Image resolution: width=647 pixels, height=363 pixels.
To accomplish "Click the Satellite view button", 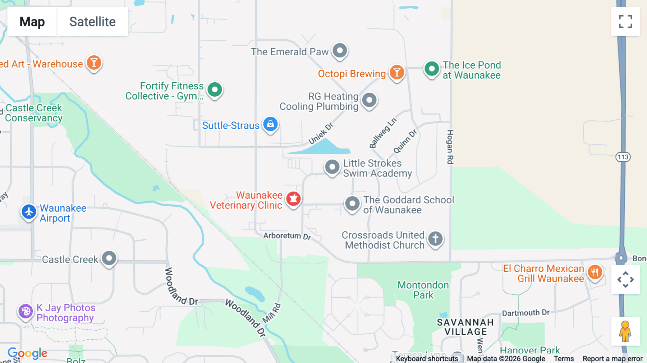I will (x=92, y=22).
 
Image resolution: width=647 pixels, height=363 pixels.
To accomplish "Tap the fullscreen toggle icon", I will (x=625, y=22).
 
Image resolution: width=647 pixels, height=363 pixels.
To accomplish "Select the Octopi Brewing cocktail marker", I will (x=397, y=73).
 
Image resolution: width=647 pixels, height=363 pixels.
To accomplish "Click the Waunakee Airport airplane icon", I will (x=29, y=212).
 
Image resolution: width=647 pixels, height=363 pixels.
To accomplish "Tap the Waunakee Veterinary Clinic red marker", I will (x=293, y=199).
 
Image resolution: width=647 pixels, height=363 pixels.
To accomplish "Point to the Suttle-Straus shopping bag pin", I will (x=270, y=124).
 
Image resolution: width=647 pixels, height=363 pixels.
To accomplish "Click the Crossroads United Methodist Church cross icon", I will (x=435, y=239).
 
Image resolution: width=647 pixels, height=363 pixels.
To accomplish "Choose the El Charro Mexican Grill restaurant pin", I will (x=595, y=272).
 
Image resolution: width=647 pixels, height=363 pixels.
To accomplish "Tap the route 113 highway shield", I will (x=623, y=157).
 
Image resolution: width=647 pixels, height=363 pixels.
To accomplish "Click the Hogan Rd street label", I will (x=450, y=147).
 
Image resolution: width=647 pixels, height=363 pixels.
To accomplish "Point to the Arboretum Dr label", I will (x=287, y=236).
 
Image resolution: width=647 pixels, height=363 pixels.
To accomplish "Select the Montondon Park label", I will (x=423, y=290).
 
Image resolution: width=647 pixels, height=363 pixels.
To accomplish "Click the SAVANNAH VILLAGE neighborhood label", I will (x=465, y=327).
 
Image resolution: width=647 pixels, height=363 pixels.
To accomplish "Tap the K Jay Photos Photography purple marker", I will (x=26, y=311).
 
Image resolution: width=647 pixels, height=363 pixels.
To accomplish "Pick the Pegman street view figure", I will (x=625, y=331).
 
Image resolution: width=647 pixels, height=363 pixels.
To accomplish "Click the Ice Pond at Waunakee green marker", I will (x=431, y=68).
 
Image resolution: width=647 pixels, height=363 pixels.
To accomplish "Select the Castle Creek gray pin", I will (x=109, y=258).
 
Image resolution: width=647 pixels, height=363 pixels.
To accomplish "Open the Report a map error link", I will (x=612, y=359).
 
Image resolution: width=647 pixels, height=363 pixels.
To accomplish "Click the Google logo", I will (x=27, y=353).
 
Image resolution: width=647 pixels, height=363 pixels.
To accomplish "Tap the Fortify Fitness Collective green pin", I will (x=215, y=89).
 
